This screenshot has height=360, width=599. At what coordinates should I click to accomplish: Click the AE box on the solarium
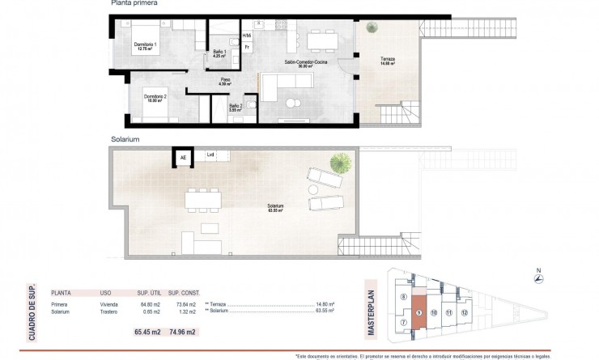point(182,157)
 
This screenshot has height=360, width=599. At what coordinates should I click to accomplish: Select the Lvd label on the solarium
point(210,155)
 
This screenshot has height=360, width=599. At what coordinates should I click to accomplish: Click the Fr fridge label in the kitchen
point(247,48)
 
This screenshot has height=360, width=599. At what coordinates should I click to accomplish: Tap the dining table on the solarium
point(203,198)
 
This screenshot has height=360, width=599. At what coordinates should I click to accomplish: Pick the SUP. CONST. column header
point(185,294)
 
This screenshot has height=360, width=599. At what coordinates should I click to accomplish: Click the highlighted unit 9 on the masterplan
point(418,313)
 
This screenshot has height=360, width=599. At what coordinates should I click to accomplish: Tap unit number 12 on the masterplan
point(464,311)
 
